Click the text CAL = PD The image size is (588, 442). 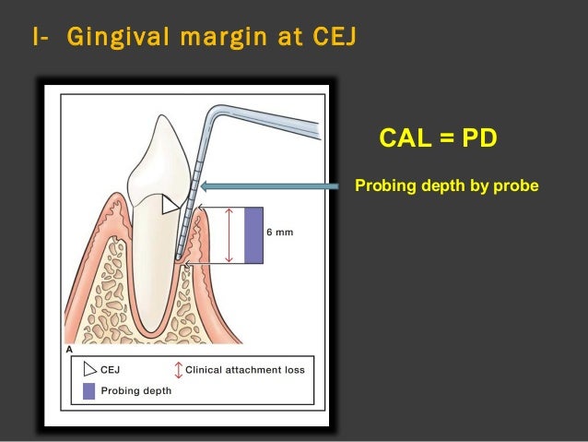point(438,138)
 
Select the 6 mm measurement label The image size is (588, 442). point(279,233)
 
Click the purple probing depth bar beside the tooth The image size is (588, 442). point(253,235)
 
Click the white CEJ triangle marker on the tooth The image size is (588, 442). point(170,206)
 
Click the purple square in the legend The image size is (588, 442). point(88,390)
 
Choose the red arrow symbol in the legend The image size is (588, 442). point(177,370)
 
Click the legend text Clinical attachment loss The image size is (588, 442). point(245,370)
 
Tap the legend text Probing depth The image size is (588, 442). point(135,390)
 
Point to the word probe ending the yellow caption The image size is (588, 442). point(518,186)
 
